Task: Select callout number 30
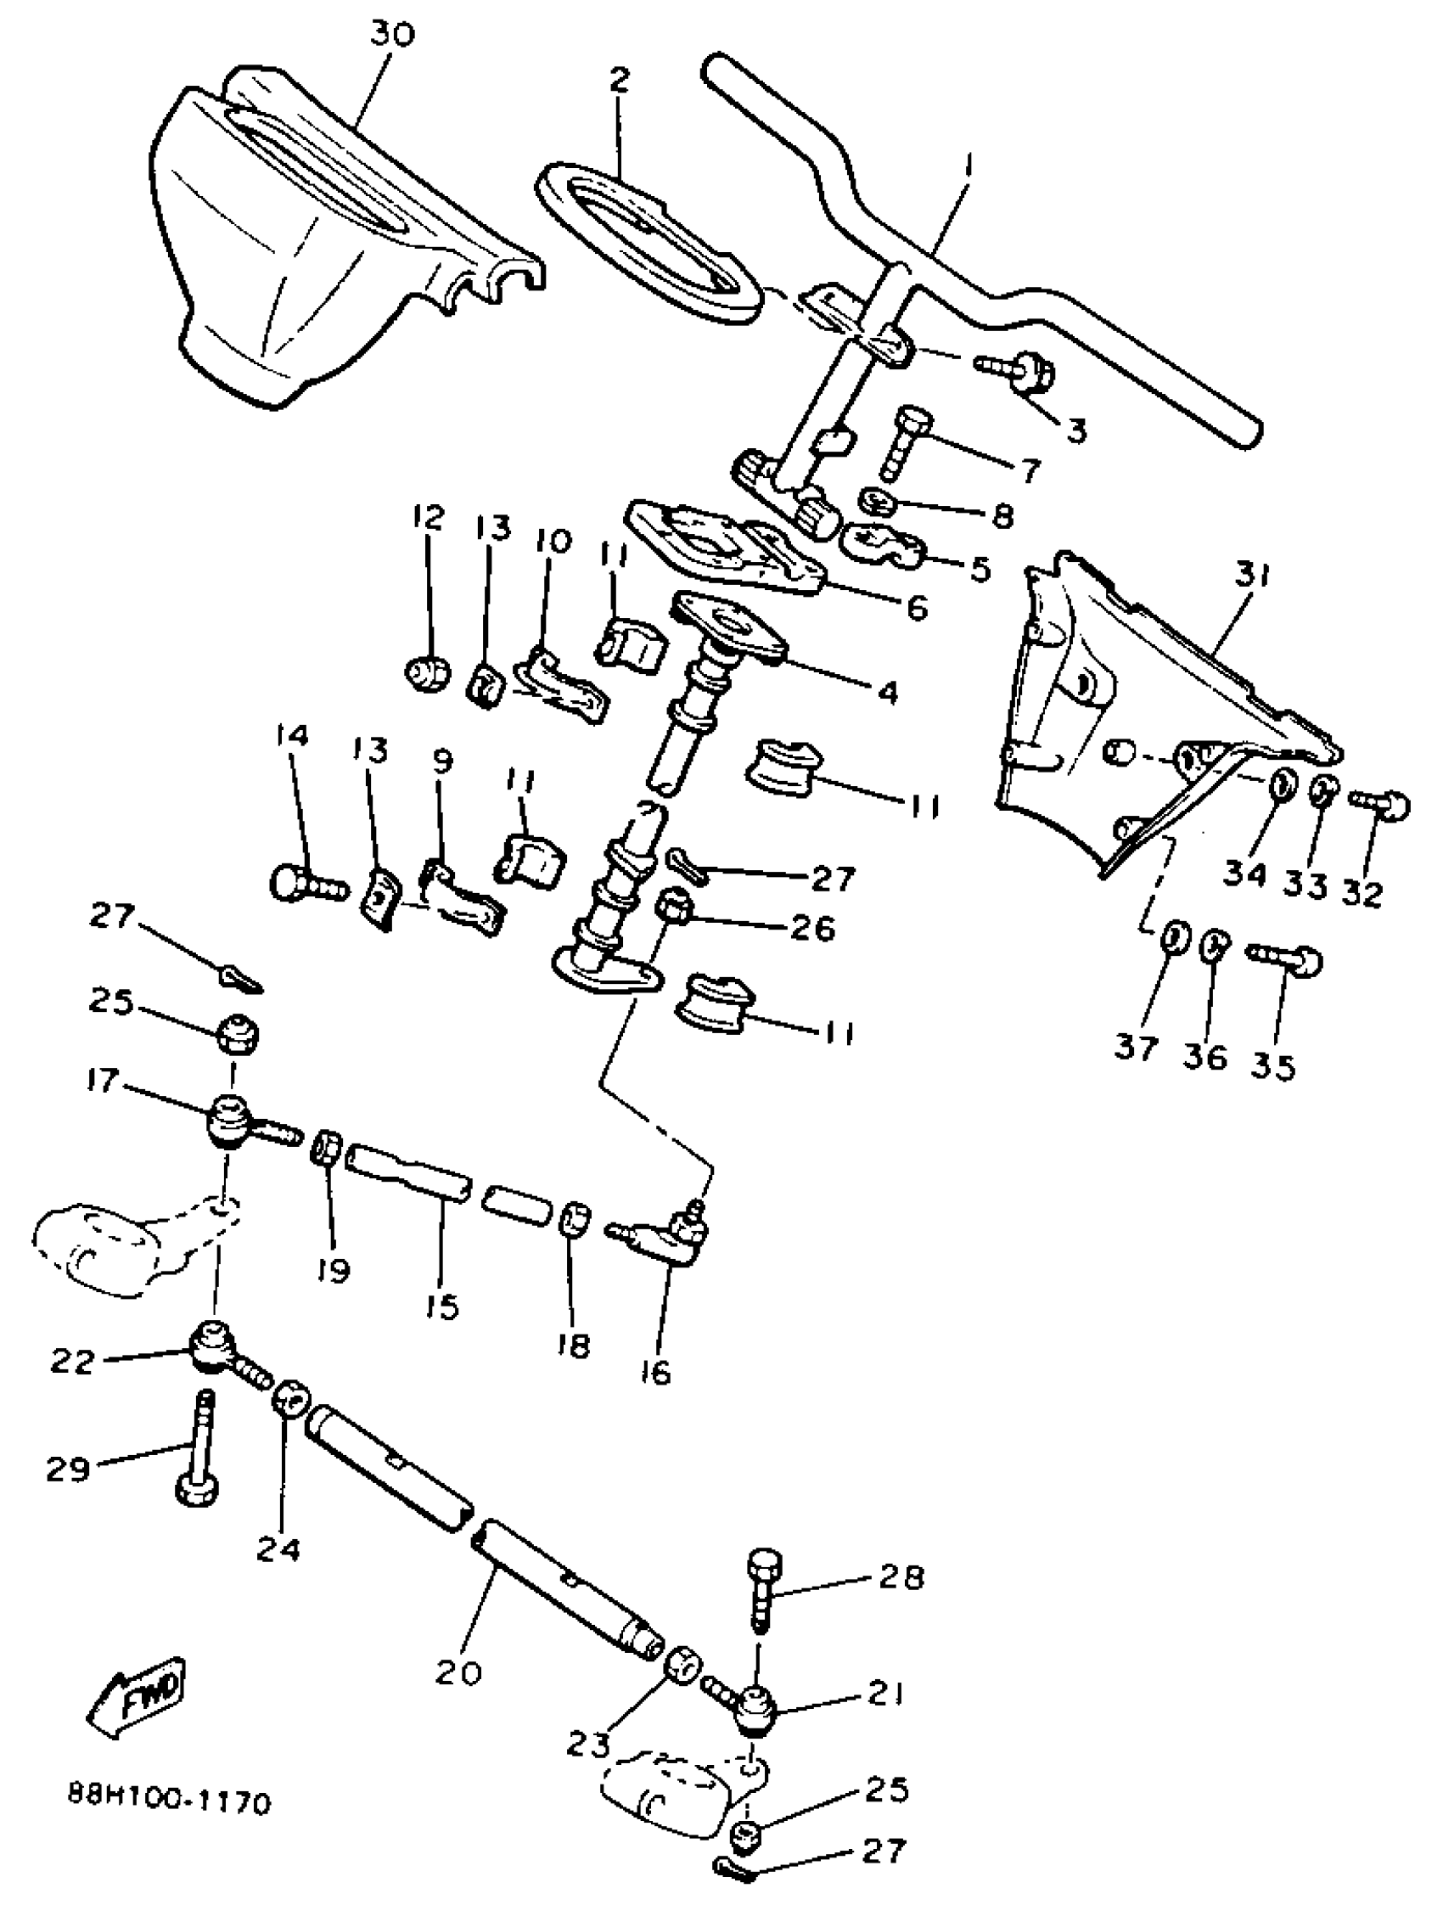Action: click(x=393, y=36)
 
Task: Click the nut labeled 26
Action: click(x=672, y=907)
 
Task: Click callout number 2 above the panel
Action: click(x=619, y=79)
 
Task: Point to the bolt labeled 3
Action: click(x=1020, y=370)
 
